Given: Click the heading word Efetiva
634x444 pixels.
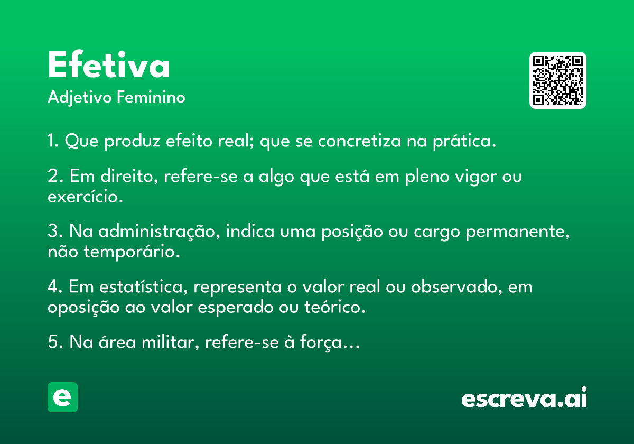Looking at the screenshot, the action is pos(109,64).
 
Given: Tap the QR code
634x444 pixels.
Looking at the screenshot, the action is pos(557,80).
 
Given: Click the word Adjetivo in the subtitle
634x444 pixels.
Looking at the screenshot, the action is pos(80,98).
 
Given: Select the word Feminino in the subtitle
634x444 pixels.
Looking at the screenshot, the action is pos(151,97).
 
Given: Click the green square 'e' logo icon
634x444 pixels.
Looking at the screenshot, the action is pos(62,397).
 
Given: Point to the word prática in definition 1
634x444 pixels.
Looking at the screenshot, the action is pos(464,141).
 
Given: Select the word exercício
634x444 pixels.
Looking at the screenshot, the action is pos(85,197).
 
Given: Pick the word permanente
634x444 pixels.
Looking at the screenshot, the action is pos(518,232).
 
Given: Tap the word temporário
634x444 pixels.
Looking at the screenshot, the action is pos(132,252).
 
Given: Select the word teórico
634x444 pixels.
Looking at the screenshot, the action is pos(335,307).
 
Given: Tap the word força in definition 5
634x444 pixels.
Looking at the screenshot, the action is pos(321,343).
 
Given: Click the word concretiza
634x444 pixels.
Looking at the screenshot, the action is pos(359,141).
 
